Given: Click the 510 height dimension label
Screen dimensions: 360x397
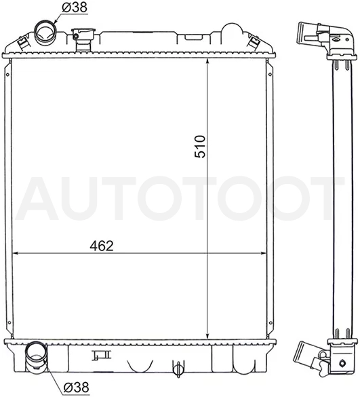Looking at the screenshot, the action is pos(200,147).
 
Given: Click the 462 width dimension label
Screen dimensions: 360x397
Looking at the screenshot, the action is pos(102,246).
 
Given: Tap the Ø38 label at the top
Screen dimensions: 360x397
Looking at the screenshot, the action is pos(75,7).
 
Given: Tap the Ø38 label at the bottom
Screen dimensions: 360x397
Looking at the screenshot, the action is pos(76,387).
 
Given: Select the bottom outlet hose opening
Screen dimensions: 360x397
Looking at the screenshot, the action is pos(36,352).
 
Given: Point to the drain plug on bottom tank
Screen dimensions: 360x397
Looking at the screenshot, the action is pos(178,368).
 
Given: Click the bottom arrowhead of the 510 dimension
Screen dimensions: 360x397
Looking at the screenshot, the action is pos(207,335).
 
